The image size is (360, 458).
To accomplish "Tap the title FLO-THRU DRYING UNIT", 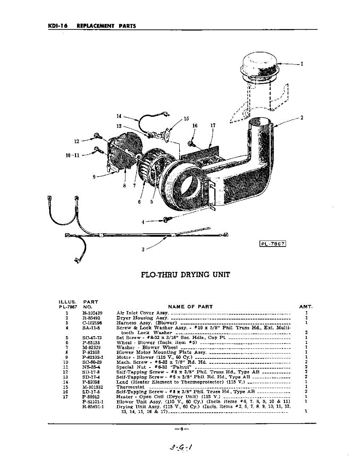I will [x=185, y=274].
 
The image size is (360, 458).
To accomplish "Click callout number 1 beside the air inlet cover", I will [x=302, y=64].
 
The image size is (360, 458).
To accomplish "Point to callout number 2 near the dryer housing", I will [x=302, y=118].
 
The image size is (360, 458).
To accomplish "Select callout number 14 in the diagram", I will [x=119, y=116].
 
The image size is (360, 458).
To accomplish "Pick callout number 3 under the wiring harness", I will [x=143, y=249].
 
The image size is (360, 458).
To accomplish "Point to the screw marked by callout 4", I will [x=166, y=219].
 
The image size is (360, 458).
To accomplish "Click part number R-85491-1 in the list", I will [x=93, y=407].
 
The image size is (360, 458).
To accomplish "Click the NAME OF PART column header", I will [x=190, y=306].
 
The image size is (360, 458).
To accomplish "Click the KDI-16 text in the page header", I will [x=58, y=26].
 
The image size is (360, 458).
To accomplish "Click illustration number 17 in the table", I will [x=66, y=397].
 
